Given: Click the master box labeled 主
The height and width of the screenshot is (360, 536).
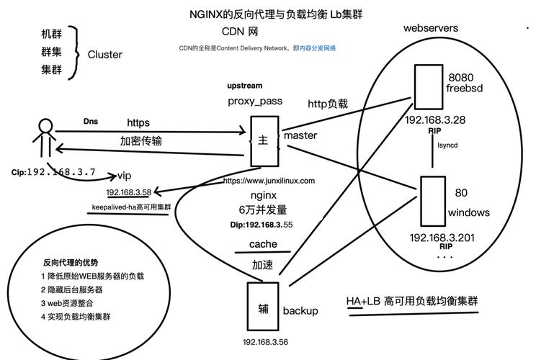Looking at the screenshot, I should (263, 140).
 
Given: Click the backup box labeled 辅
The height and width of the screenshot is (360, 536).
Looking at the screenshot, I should (263, 307).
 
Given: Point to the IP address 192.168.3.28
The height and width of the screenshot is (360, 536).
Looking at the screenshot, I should (434, 120).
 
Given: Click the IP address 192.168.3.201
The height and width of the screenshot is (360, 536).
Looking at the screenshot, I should (442, 238).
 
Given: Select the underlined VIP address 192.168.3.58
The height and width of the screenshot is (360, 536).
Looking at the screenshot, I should (128, 192).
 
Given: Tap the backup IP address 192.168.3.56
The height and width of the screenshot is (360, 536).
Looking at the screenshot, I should (265, 342).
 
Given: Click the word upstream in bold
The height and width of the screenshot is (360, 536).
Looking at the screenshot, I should (245, 86).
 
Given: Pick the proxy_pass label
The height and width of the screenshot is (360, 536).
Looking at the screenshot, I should (255, 102).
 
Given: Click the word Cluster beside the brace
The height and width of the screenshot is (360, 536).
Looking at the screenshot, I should (105, 55).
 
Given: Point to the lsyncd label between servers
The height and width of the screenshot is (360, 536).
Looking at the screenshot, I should (447, 145).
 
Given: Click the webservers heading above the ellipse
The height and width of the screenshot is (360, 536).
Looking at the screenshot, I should (430, 28).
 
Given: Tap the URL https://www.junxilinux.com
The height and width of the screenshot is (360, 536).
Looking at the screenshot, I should (269, 181).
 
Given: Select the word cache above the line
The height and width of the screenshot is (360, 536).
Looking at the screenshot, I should (263, 244).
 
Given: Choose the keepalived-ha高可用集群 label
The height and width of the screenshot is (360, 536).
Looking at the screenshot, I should (131, 207).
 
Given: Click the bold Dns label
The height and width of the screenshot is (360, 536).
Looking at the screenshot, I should (90, 122).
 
